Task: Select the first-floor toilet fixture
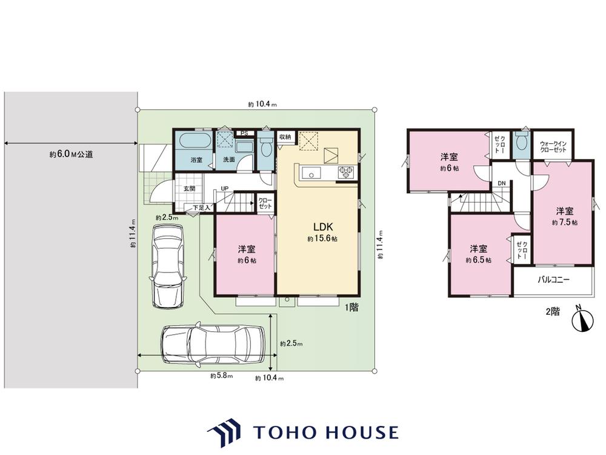(x=266, y=146)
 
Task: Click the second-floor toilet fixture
(x=521, y=143)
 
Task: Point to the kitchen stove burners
(x=347, y=172)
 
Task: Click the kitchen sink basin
(x=311, y=174)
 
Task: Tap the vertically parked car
(x=168, y=266)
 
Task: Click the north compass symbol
(x=582, y=318)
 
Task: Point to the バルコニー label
(x=553, y=279)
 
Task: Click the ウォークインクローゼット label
(x=553, y=147)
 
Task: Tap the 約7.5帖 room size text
(x=565, y=223)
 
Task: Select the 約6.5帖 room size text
(x=479, y=260)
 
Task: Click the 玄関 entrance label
(x=189, y=189)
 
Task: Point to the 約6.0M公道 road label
(x=71, y=154)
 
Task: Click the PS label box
(x=244, y=133)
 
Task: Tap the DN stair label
(x=501, y=183)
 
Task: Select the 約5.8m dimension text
(x=221, y=376)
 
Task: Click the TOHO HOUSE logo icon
(x=224, y=432)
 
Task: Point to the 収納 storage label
(x=285, y=136)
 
